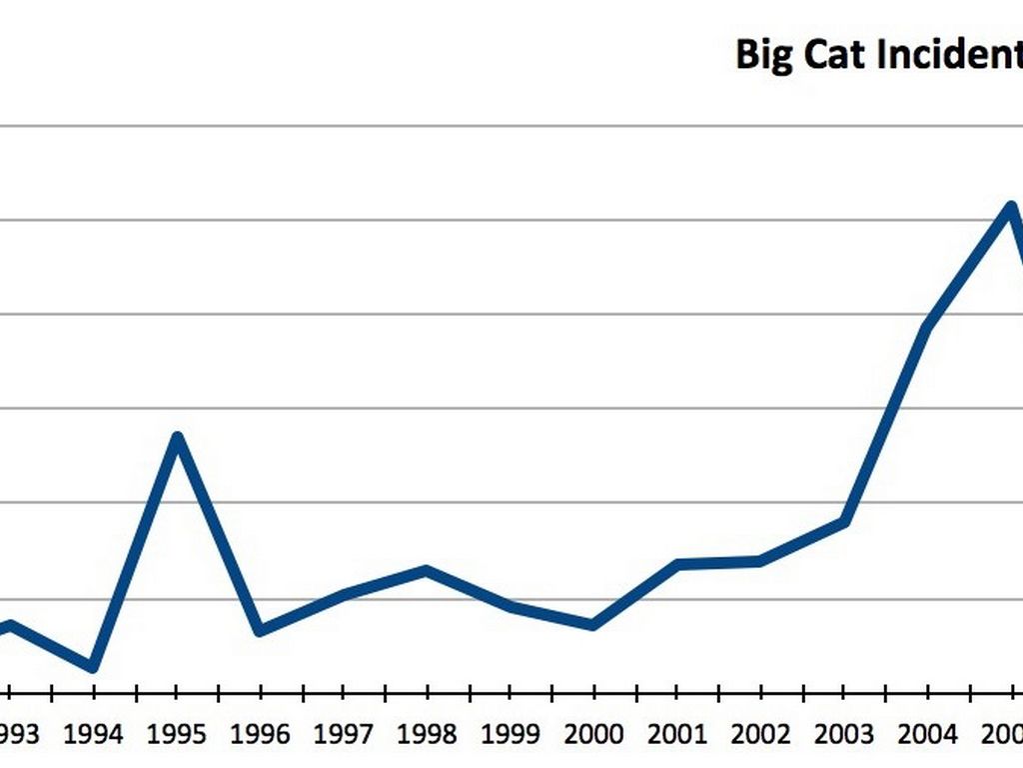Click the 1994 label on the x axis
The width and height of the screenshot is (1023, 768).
93,735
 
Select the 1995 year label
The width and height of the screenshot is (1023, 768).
177,735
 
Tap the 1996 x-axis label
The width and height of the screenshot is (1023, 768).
261,735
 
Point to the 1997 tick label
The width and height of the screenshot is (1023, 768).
344,735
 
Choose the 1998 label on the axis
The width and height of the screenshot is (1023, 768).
428,735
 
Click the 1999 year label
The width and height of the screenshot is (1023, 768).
511,735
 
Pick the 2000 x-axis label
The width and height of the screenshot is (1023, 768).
594,735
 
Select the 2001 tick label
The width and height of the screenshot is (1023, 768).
678,735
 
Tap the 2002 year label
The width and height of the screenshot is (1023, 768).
761,735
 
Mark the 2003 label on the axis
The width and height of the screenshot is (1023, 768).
845,735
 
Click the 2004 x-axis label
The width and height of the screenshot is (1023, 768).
928,735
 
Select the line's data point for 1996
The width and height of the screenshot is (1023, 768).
260,631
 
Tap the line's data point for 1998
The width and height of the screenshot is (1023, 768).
427,570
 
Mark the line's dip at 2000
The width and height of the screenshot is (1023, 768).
593,625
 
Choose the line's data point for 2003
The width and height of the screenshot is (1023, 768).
845,521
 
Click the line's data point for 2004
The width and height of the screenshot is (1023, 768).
928,328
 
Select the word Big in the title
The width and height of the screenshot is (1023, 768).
763,55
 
